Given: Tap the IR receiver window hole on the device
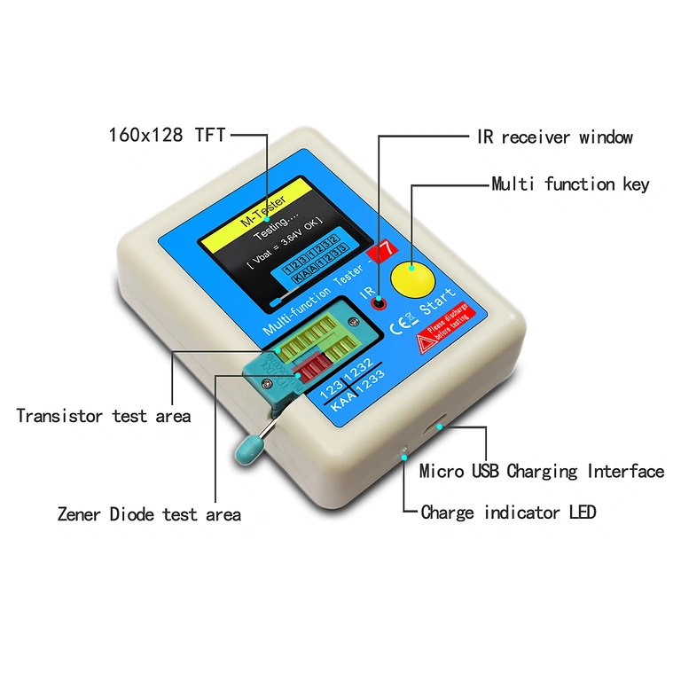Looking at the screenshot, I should [x=379, y=304].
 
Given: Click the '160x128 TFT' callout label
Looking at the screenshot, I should [x=167, y=135].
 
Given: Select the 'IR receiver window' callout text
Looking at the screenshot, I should [x=550, y=137].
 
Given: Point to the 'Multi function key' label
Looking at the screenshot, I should [x=570, y=184].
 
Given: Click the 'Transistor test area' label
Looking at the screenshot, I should [x=104, y=415].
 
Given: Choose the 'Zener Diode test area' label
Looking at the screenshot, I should [x=149, y=513].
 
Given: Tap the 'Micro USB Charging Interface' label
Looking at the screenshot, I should [x=541, y=471].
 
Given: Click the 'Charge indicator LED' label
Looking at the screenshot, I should [x=508, y=513].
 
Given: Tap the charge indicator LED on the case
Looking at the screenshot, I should [x=403, y=454].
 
